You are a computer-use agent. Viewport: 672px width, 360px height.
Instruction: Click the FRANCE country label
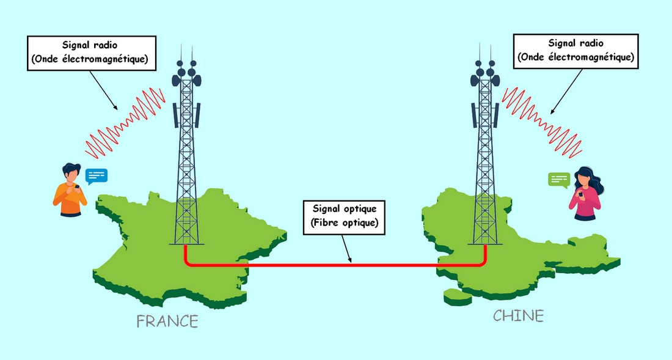(x=167, y=321)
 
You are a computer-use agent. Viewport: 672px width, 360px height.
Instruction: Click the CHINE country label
(x=518, y=316)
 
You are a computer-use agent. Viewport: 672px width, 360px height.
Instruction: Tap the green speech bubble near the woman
(x=559, y=179)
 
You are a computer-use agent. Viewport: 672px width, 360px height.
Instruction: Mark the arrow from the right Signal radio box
(x=566, y=91)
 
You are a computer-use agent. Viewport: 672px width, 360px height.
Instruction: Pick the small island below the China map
(x=458, y=297)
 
